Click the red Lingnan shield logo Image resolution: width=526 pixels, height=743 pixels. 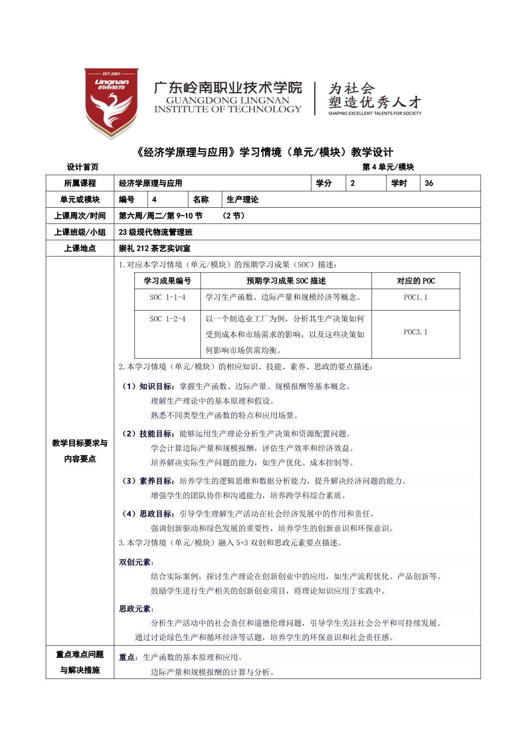point(111,103)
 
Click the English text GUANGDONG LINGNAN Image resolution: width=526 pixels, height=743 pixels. point(227,100)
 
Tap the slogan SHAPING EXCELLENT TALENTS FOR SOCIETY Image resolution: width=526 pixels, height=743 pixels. point(375,113)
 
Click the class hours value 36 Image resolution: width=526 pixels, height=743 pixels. point(429,183)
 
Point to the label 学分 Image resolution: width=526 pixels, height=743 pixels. point(324,183)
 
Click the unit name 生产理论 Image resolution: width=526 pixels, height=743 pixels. point(243,200)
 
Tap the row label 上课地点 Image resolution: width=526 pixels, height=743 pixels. point(80,248)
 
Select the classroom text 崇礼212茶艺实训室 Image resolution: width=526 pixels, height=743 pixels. point(154,248)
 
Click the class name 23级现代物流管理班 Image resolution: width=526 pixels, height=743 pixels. point(156,232)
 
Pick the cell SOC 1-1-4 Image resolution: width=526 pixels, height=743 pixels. point(168,298)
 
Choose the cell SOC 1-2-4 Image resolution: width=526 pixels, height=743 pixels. point(168,319)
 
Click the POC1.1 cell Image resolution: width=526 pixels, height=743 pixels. point(415,298)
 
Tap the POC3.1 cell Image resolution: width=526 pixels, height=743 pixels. point(415,332)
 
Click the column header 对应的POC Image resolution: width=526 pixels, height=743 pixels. point(415,281)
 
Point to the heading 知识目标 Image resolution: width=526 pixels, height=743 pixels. point(156,387)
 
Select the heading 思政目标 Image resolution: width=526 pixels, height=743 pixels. point(156,514)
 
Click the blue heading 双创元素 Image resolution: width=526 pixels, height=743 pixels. point(135,562)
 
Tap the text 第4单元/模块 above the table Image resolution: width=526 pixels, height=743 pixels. point(388,167)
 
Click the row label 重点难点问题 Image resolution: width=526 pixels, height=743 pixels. point(80,655)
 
